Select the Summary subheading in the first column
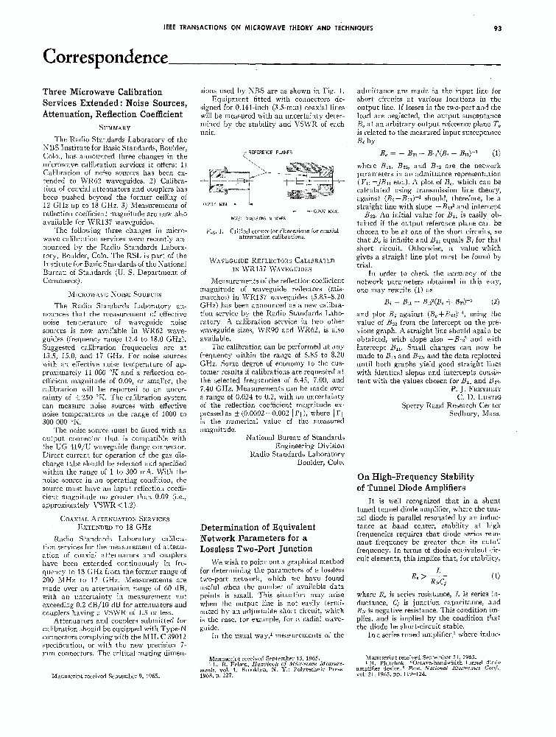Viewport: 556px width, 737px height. [108, 128]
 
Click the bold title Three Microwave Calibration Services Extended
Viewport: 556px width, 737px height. [113, 103]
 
